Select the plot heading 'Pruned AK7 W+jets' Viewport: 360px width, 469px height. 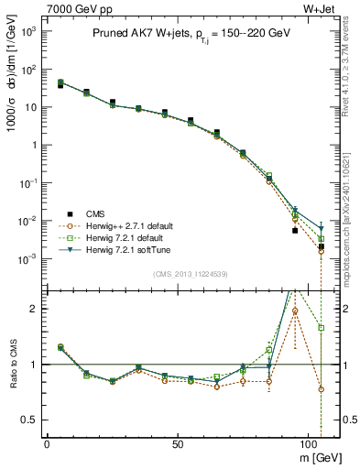137,33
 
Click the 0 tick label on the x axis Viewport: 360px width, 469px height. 47,442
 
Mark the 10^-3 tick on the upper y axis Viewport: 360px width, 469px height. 27,259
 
